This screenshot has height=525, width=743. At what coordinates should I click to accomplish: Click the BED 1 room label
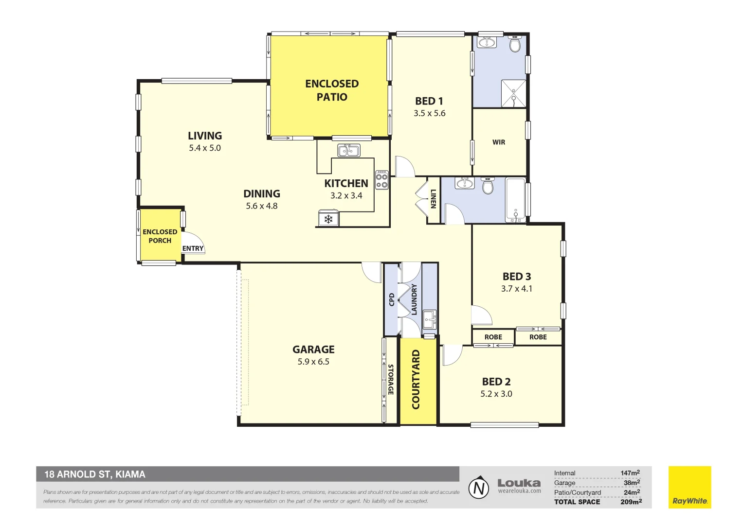coord(429,101)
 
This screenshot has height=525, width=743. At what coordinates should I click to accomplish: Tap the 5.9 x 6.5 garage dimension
coord(313,362)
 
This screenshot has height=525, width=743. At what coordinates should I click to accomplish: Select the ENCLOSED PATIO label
coord(332,90)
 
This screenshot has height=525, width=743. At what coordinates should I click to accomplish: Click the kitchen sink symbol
coord(348,151)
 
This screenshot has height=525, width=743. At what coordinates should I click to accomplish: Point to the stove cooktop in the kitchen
coord(382,180)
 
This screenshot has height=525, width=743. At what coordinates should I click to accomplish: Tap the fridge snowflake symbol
coord(328,219)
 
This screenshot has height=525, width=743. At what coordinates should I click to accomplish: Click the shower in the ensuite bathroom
coord(513,93)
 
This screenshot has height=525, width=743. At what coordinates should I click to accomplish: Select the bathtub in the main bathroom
coord(515,200)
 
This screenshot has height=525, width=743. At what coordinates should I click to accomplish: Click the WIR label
coord(499,142)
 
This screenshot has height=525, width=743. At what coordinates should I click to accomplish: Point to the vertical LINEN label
coord(433,199)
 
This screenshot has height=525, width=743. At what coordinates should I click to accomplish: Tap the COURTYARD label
coord(416,380)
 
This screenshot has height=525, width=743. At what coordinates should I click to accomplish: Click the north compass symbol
coord(479,488)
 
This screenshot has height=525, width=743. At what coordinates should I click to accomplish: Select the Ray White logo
coord(689,487)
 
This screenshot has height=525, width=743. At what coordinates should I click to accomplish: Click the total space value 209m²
coord(631,502)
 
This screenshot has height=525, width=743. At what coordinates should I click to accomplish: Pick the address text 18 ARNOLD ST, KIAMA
coord(95,474)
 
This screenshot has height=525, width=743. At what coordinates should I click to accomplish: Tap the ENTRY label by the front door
coord(193,248)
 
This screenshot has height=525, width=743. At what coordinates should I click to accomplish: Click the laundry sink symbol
coord(430,319)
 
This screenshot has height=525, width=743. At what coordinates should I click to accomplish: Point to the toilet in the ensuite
coord(515,45)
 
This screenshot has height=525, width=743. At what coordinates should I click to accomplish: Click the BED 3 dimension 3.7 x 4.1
coord(516,289)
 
